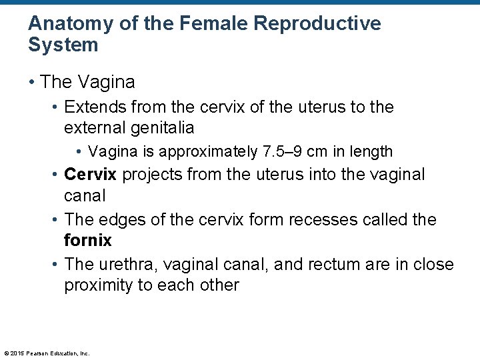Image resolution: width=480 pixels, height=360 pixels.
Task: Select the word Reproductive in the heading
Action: [320, 24]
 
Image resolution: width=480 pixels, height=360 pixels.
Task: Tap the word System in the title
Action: [63, 45]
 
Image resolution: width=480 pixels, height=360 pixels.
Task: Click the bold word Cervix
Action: [90, 175]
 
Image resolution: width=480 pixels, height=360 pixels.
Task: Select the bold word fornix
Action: [87, 239]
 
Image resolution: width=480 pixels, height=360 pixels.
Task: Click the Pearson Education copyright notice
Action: [47, 353]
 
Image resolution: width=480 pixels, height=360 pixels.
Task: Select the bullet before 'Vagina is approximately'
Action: [81, 152]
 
